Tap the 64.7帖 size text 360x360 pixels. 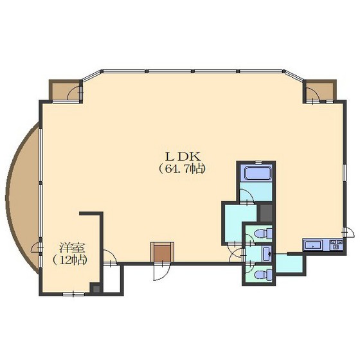point(181,169)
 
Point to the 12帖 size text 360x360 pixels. point(70,260)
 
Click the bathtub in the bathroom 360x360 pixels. point(258,173)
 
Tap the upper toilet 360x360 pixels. point(264,234)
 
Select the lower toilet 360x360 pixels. point(264,274)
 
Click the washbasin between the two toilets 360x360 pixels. point(267,253)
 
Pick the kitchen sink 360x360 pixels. point(313,245)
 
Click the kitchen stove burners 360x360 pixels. point(336,244)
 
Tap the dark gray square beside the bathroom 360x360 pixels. point(266,213)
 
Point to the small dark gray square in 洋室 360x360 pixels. point(96,289)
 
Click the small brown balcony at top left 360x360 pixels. point(65,91)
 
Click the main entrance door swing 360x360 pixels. point(161,271)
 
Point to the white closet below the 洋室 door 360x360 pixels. point(112,279)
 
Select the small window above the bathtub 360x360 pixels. point(258,162)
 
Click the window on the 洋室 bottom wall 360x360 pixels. point(73,294)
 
